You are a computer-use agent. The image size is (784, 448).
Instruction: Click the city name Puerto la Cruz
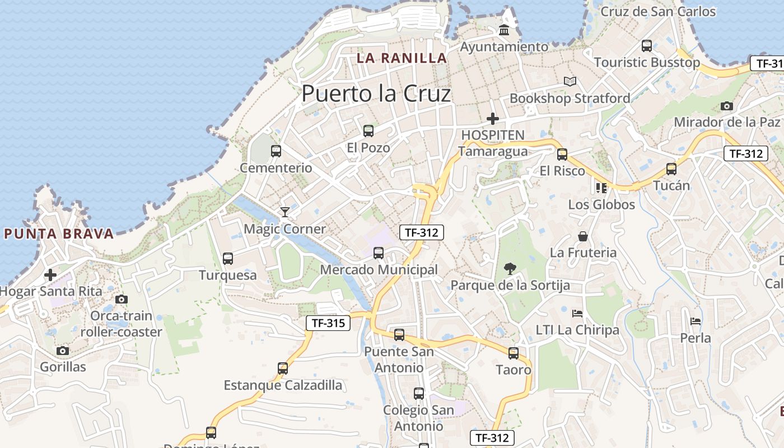(x=376, y=94)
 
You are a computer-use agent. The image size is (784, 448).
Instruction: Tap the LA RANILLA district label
(x=402, y=58)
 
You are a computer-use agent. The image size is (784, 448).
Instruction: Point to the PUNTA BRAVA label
(x=59, y=234)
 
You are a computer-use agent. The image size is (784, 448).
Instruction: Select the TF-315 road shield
(x=328, y=323)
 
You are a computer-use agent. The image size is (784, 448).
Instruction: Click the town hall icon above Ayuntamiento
(x=504, y=30)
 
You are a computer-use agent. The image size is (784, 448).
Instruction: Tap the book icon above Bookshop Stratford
(x=570, y=82)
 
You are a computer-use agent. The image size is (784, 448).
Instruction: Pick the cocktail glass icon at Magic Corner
(x=285, y=212)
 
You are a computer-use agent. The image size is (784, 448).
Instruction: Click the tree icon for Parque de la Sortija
(x=510, y=269)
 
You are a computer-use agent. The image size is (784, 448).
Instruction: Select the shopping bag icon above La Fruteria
(x=583, y=236)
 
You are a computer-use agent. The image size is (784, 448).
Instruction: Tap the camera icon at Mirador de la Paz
(x=726, y=106)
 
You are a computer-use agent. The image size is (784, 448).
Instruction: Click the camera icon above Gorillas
(x=63, y=351)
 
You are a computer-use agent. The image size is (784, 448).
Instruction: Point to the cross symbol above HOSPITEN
(x=493, y=119)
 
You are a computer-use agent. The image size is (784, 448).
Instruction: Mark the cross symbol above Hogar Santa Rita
(x=50, y=275)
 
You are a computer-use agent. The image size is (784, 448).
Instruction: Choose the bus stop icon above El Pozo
(x=368, y=131)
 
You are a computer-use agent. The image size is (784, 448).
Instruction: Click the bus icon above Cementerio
(x=276, y=151)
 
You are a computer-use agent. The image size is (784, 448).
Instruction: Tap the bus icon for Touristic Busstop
(x=647, y=46)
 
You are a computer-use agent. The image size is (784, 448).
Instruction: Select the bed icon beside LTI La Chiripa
(x=577, y=313)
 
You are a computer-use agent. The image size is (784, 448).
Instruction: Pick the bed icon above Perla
(x=696, y=321)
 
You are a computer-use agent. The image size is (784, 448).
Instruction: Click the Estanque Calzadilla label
(x=283, y=385)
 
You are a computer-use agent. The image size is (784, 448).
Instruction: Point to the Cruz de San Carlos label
(x=658, y=11)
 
